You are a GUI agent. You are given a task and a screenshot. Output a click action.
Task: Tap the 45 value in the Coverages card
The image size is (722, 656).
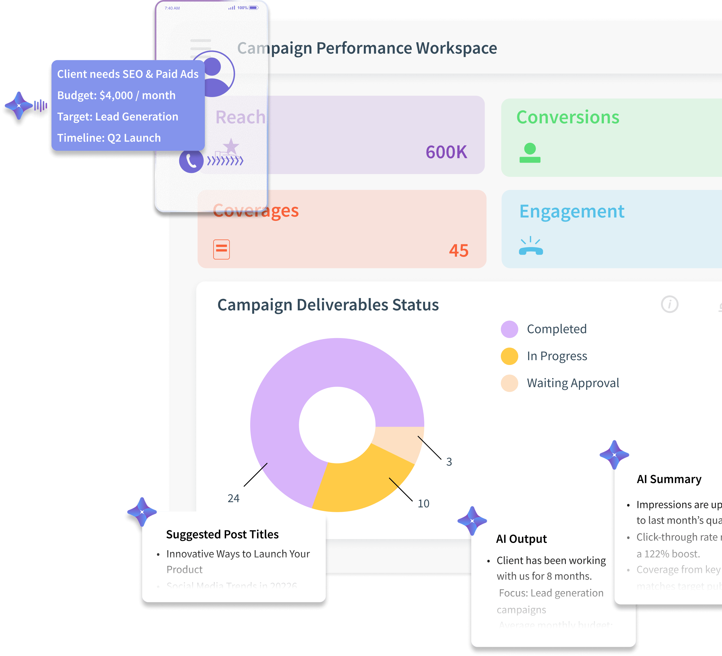(x=458, y=250)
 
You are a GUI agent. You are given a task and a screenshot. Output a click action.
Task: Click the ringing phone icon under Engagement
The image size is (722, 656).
(x=531, y=246)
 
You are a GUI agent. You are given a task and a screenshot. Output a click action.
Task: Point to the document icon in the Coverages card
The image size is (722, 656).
(x=221, y=249)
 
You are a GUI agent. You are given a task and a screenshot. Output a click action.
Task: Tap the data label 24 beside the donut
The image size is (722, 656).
(x=233, y=498)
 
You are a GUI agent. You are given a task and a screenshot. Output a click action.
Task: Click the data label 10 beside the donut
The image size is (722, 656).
(x=423, y=503)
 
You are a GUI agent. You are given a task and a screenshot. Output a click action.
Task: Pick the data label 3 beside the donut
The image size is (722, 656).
(x=449, y=461)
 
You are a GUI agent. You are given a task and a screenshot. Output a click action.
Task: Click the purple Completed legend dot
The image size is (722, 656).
(x=509, y=329)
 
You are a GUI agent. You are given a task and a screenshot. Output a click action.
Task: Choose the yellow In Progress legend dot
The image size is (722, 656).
(x=509, y=356)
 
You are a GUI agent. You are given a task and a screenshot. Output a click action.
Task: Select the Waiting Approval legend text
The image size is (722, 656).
(x=573, y=383)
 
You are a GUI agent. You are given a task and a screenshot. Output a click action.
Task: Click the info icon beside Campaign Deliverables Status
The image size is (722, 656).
(x=669, y=304)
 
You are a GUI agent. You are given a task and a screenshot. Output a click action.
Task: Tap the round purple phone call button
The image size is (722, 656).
(x=191, y=161)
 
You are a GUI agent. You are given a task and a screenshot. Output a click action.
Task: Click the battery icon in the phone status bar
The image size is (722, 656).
(x=254, y=8)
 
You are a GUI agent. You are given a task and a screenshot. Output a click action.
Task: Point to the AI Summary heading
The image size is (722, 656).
(x=669, y=479)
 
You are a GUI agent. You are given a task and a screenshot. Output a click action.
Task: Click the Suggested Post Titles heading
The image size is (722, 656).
(x=222, y=534)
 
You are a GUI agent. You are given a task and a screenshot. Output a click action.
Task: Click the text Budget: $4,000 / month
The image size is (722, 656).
(x=116, y=95)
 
